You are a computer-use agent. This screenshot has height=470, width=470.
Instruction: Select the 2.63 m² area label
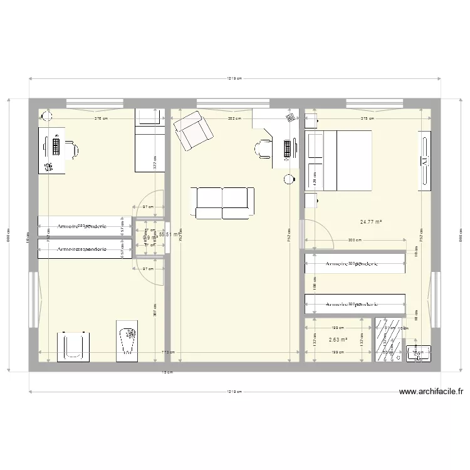[x=338, y=340]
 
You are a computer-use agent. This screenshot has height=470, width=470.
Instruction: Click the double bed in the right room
[x=346, y=160]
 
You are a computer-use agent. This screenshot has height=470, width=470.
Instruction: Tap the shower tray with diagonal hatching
[x=388, y=339]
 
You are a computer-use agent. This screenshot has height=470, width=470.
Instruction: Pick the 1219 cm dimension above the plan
[x=234, y=79]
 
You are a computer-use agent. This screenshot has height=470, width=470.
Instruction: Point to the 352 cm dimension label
[x=234, y=118]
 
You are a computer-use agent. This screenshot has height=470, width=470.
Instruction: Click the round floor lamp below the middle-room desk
[x=288, y=179]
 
